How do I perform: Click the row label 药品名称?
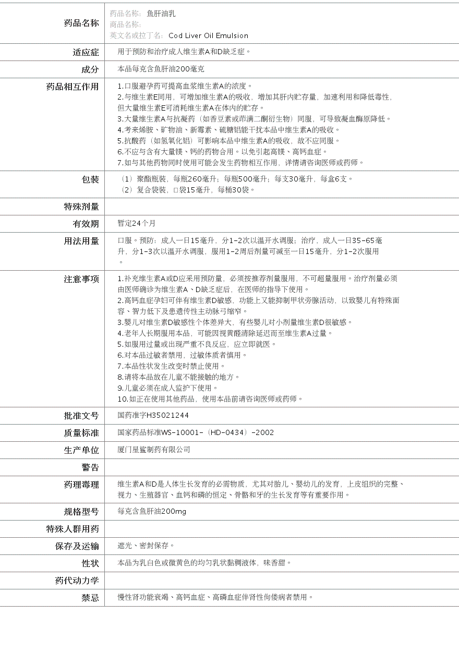pos(81,23)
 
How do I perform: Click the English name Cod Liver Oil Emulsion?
pos(208,35)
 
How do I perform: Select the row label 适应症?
pos(86,52)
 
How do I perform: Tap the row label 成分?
pos(90,69)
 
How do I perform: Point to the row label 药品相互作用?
pos(73,87)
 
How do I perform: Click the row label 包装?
pos(90,179)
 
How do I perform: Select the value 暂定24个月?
pos(137,223)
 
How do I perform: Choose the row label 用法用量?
pos(81,241)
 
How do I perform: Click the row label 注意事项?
pos(81,279)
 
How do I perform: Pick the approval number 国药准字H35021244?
pos(153,415)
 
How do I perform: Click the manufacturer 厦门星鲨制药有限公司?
pos(154,450)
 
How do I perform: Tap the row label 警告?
pos(90,467)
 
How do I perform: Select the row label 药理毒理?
pos(81,485)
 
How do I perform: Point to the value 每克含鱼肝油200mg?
pos(152,511)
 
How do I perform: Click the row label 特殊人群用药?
pos(73,529)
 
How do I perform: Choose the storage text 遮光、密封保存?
pos(144,546)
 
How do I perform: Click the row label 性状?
pos(90,563)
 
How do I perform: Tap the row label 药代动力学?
pos(77,581)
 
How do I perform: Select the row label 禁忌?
pos(90,598)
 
